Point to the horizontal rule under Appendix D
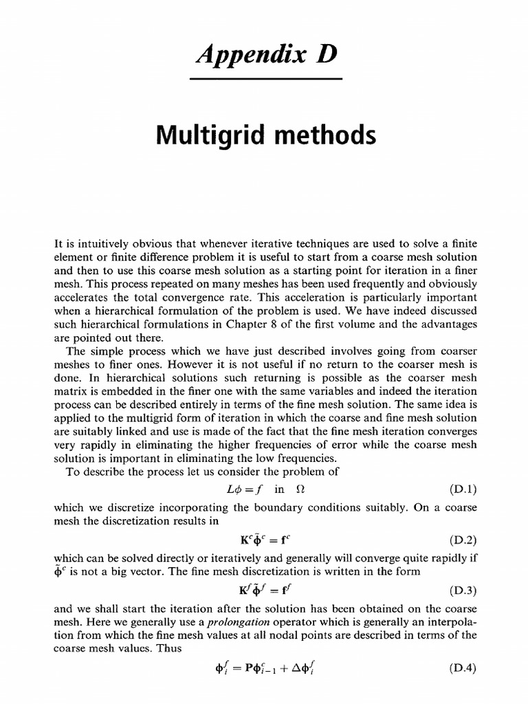(265, 80)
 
